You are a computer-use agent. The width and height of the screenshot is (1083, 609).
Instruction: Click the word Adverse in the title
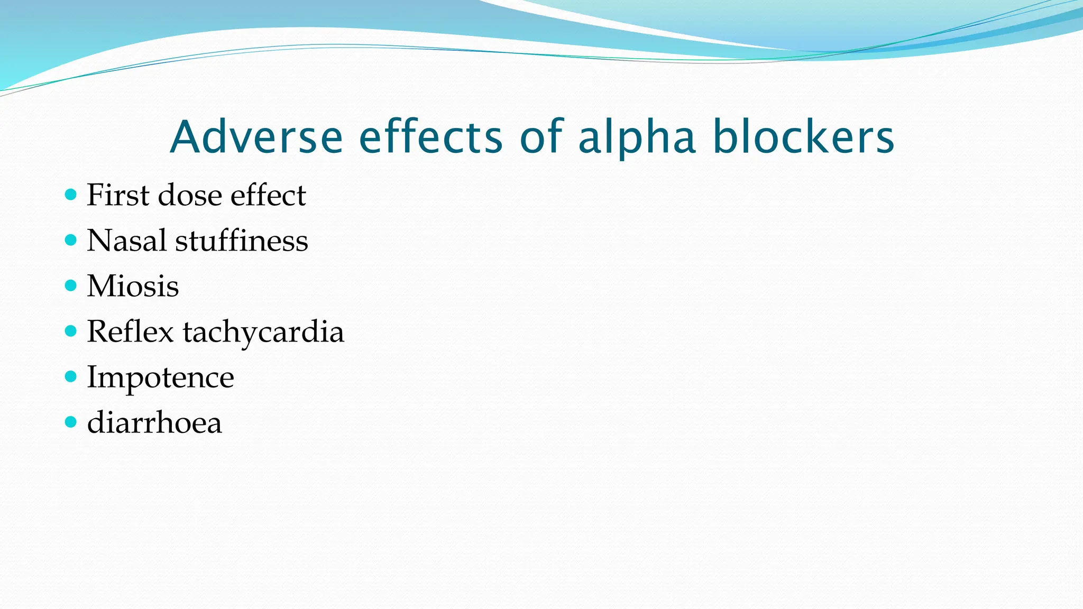click(x=256, y=137)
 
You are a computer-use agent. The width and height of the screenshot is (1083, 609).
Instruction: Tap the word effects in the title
click(x=431, y=137)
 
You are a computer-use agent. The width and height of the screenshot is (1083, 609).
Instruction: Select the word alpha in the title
click(x=637, y=137)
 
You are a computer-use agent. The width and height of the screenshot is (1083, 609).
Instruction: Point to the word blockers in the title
click(x=803, y=137)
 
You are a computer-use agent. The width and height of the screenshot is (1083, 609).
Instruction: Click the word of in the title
click(x=541, y=137)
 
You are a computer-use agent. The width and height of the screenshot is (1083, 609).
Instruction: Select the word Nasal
click(x=126, y=241)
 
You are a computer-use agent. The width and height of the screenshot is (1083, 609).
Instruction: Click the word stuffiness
click(x=241, y=241)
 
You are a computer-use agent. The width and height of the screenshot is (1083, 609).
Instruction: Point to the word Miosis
click(x=133, y=286)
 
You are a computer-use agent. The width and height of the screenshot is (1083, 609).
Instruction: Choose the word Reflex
click(x=130, y=331)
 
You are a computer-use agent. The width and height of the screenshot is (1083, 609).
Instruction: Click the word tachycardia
click(x=263, y=333)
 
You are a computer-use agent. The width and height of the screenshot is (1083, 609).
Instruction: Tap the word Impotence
click(x=160, y=377)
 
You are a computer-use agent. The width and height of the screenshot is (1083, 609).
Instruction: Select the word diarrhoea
click(x=154, y=423)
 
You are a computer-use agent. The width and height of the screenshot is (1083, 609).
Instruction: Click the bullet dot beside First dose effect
click(x=71, y=195)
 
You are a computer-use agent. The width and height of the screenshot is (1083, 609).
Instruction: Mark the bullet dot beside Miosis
click(x=71, y=285)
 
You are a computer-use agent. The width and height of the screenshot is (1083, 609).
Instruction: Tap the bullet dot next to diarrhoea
click(x=71, y=422)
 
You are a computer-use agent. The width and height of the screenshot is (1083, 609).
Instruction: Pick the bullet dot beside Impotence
click(x=71, y=376)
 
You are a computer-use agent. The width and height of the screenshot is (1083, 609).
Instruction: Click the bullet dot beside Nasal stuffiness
click(x=71, y=240)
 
